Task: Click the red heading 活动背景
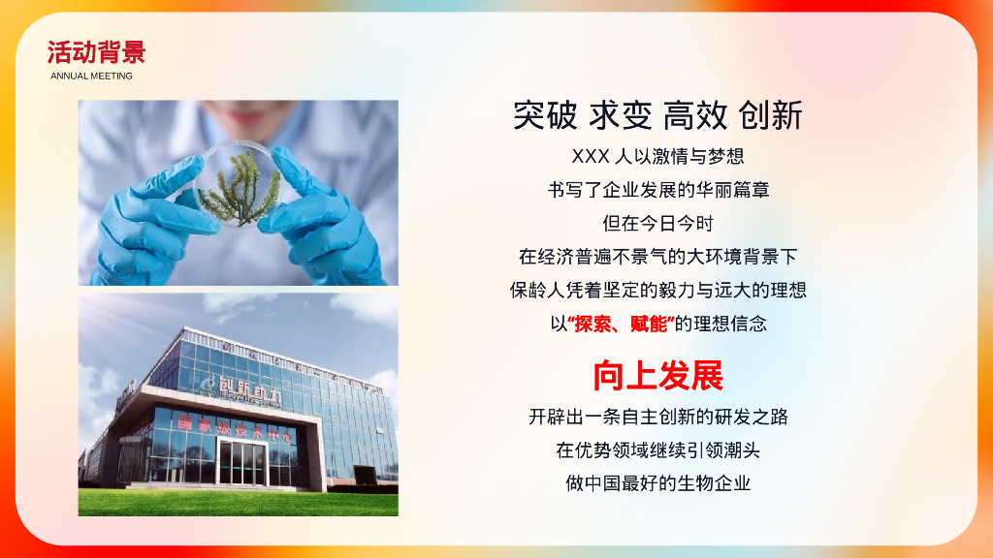[x=96, y=51]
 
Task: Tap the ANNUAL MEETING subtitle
[x=91, y=76]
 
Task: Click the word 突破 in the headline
[x=546, y=115]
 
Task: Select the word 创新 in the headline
[x=770, y=115]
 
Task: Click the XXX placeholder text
[x=590, y=156]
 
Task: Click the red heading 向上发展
[x=658, y=374]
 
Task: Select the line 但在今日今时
[x=658, y=223]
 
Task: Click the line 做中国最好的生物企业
[x=658, y=482]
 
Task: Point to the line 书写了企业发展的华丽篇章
[x=658, y=190]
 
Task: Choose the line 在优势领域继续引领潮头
[x=658, y=449]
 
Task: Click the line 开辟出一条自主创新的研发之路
[x=658, y=417]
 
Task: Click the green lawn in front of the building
[x=238, y=502]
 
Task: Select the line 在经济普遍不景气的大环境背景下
[x=658, y=257]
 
